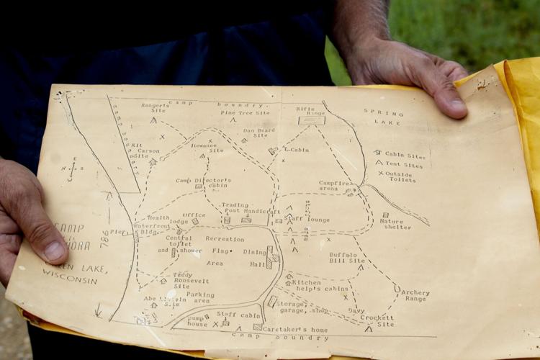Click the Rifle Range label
click(x=310, y=112)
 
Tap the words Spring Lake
click(x=383, y=117)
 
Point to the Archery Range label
click(x=415, y=296)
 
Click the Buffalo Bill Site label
click(x=347, y=257)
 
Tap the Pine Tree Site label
click(x=245, y=113)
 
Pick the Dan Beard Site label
click(x=259, y=132)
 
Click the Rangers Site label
click(x=155, y=109)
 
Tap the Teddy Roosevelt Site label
click(x=192, y=280)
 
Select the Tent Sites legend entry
click(x=403, y=165)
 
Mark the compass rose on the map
click(x=71, y=170)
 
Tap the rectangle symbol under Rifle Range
click(x=311, y=120)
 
